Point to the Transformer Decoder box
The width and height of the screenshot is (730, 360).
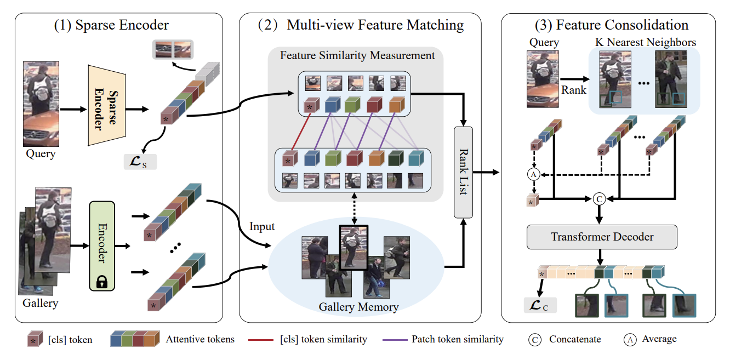(x=602, y=237)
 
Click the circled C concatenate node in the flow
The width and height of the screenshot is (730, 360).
(x=599, y=199)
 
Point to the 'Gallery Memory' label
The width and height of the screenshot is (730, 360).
(x=358, y=306)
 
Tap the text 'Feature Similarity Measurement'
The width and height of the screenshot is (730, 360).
(x=357, y=55)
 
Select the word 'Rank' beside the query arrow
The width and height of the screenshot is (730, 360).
(x=574, y=90)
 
